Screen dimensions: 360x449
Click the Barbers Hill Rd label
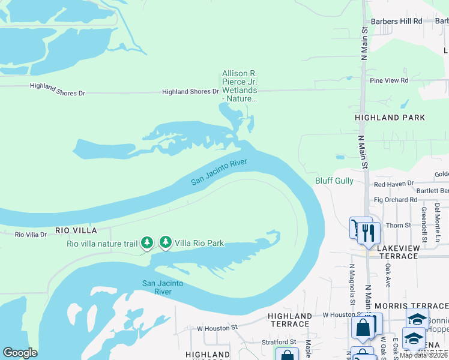pos(396,21)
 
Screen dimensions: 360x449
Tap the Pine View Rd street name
pos(389,80)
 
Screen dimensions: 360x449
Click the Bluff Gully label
pos(334,181)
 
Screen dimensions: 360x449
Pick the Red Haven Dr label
pos(394,183)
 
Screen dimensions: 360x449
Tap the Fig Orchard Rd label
pos(395,199)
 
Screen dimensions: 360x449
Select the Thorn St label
pos(399,225)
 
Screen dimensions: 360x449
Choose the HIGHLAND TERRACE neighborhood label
pos(290,320)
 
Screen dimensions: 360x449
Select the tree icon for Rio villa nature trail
pos(146,243)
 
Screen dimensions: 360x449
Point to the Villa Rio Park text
pos(199,243)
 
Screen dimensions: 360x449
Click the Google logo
pos(20,353)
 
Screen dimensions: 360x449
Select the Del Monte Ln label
pos(438,215)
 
